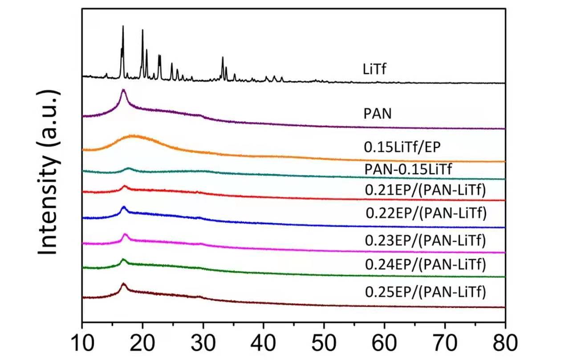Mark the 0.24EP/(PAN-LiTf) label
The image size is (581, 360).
click(425, 265)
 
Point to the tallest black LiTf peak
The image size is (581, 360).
click(123, 27)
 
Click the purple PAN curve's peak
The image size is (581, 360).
click(123, 90)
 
